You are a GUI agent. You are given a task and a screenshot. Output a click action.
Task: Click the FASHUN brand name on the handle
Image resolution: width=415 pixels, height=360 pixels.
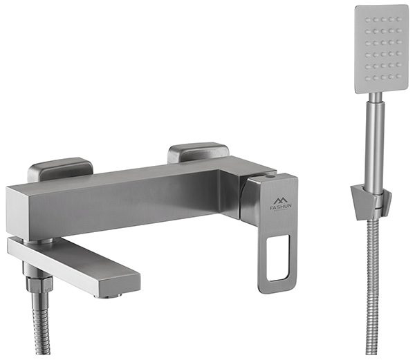[x=281, y=208]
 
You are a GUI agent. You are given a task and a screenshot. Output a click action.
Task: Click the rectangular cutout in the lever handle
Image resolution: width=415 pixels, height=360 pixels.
[x=278, y=258]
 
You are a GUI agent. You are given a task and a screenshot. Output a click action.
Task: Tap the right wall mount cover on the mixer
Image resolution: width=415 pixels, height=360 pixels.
[x=198, y=153]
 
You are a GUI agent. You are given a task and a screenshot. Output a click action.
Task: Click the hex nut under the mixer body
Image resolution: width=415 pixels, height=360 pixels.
[x=39, y=283]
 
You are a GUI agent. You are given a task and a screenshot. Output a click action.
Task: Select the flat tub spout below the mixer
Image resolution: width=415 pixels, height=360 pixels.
[x=74, y=265]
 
